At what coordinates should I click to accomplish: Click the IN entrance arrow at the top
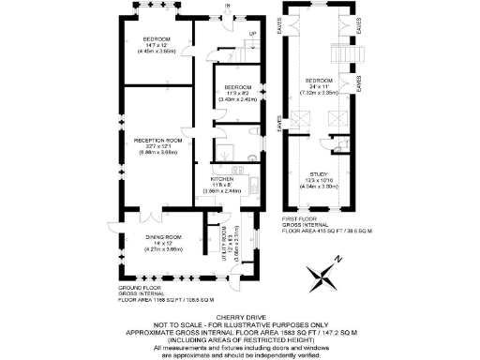228,8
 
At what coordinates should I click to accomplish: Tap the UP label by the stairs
250,35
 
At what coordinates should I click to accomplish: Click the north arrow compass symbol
324,277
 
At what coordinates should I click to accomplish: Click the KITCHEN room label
221,178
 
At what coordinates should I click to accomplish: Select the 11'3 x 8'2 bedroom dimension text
238,93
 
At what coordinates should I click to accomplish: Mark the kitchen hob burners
236,168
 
